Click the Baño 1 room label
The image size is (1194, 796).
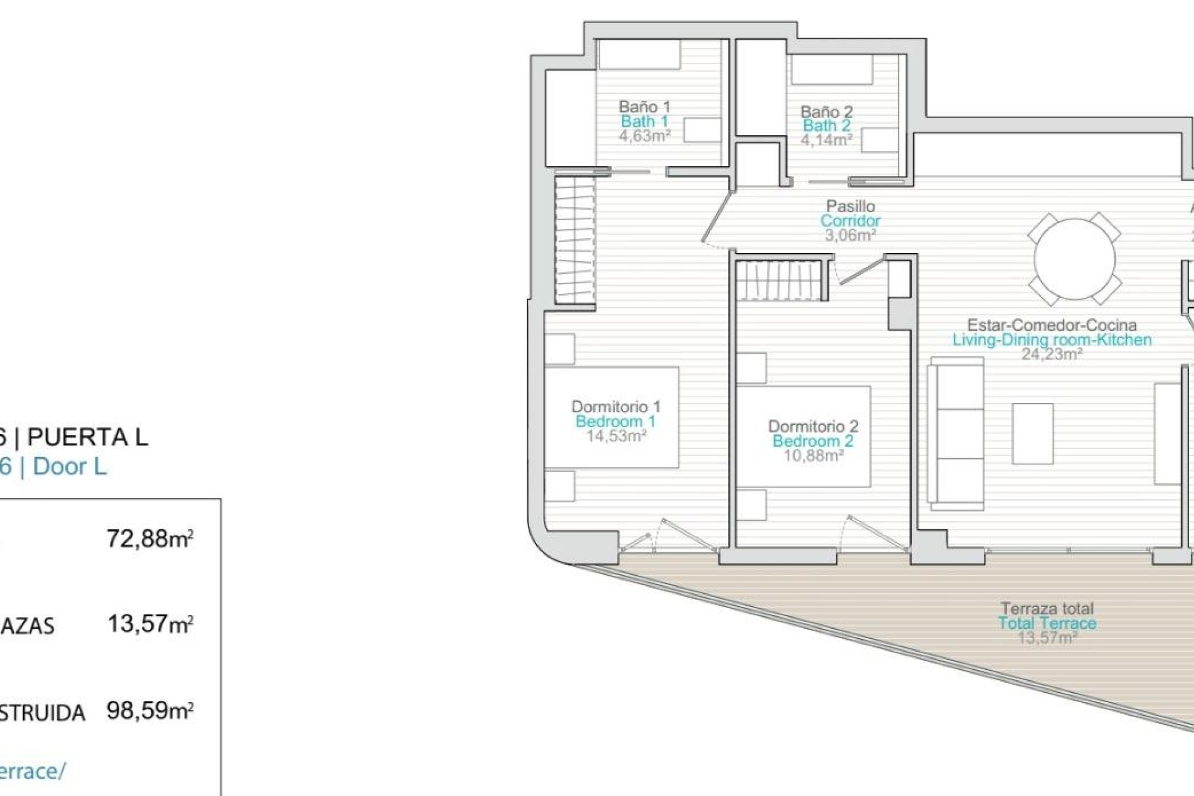(644, 106)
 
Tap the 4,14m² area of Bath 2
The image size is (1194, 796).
(826, 140)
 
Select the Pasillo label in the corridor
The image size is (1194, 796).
(850, 206)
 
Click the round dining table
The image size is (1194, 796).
(1074, 259)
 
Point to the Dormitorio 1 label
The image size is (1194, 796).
(616, 407)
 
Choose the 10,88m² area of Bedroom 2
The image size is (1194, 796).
(813, 456)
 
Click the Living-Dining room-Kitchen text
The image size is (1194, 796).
(1052, 340)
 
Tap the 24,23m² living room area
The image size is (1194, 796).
(1052, 354)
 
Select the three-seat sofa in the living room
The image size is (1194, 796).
(956, 433)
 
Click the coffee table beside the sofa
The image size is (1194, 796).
(1032, 433)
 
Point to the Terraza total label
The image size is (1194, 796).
(1047, 608)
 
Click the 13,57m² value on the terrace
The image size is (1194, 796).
(1047, 637)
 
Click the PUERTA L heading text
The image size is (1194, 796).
(88, 438)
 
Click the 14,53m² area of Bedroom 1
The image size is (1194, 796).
(616, 436)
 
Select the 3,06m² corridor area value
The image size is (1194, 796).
(850, 236)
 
